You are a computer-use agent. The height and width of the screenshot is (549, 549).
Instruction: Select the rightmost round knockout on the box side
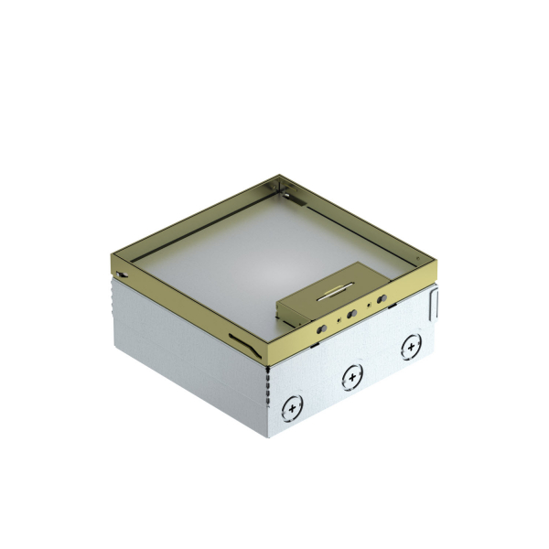point(408,348)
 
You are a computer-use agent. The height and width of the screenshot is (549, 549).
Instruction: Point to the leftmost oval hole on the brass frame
point(322,326)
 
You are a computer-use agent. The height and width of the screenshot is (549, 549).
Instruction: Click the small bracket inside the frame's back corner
point(287,195)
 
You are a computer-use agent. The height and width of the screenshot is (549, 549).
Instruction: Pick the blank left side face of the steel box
point(183,366)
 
